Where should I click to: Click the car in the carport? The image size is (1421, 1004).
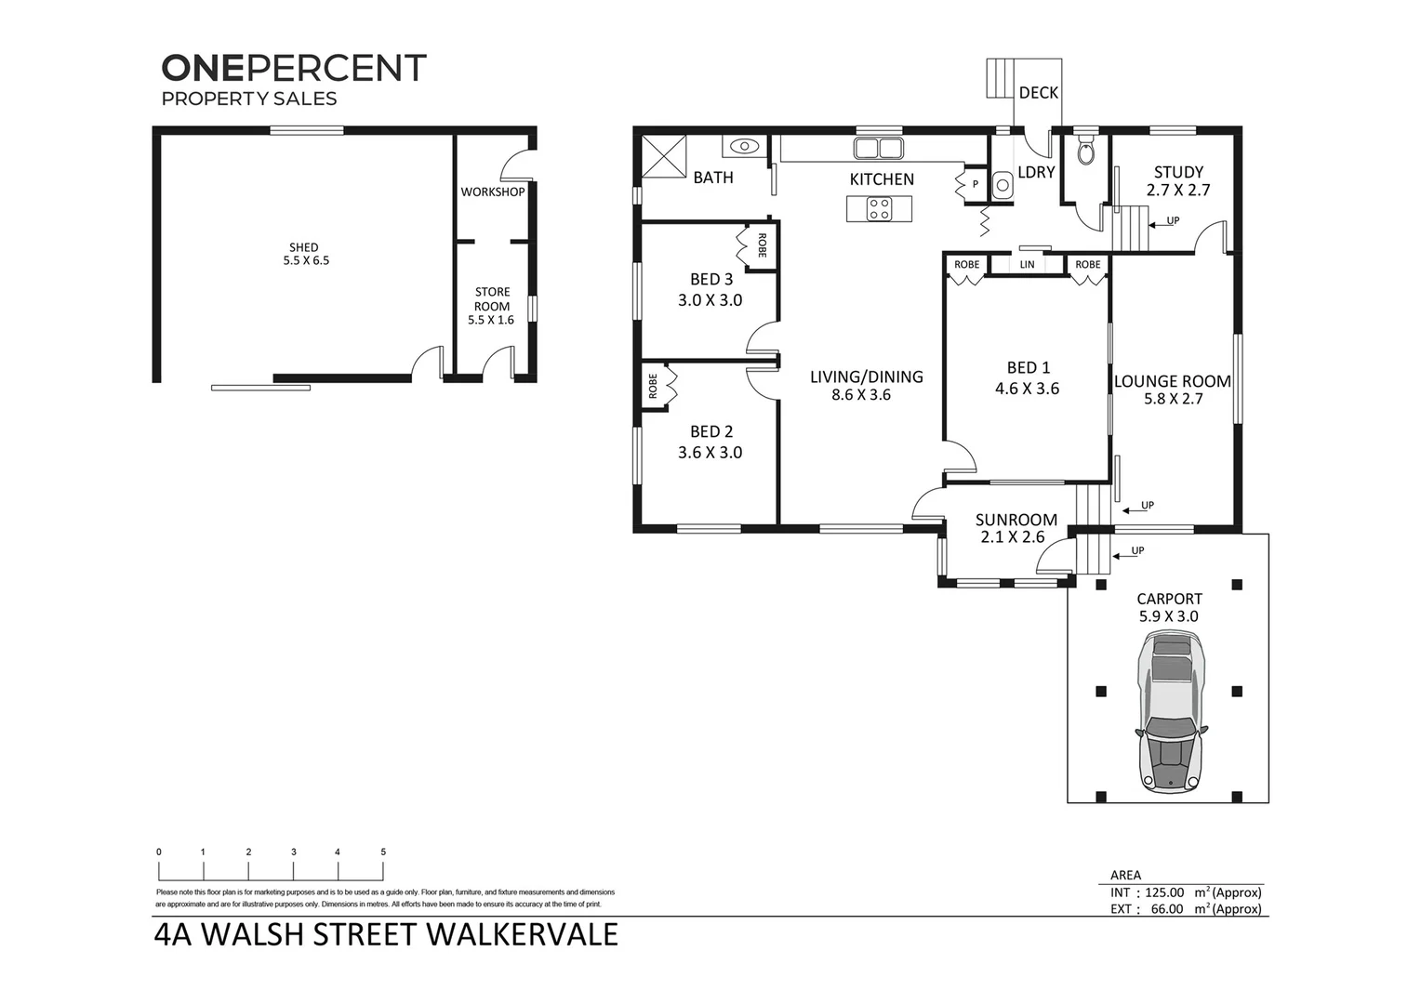1170,712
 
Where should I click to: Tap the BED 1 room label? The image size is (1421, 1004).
1027,368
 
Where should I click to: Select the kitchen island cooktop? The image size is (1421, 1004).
879,209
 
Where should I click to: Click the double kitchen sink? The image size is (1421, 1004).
878,149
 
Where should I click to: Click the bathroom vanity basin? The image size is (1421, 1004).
745,146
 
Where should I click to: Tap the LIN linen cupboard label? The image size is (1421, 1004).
1027,265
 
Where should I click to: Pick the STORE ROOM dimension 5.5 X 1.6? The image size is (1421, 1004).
491,320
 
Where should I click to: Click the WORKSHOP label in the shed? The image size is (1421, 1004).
492,192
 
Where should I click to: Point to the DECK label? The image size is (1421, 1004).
1038,93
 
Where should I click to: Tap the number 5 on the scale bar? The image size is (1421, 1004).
383,852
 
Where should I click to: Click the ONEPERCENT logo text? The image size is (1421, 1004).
294,68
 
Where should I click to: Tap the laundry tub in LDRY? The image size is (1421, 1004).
1003,185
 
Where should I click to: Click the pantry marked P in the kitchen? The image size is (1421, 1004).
975,184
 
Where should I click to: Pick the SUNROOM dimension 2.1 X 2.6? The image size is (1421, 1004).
1012,537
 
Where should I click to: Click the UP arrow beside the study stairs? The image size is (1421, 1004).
1165,221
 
